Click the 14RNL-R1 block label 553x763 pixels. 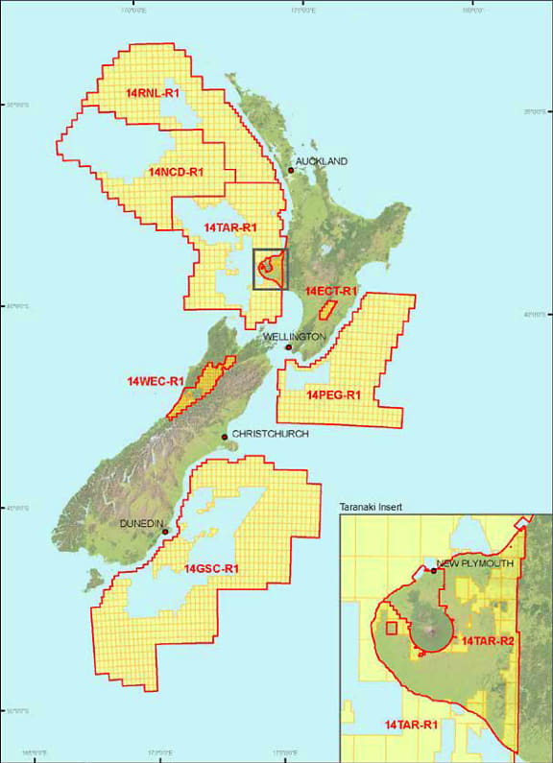coord(149,93)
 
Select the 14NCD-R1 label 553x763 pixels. coord(176,172)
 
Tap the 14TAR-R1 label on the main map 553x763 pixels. coord(230,227)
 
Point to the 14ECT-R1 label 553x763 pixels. coord(331,290)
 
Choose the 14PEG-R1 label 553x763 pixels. coord(333,394)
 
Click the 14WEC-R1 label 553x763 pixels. coord(155,381)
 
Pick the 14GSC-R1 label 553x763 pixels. coord(211,569)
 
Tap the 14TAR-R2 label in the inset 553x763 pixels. coord(489,640)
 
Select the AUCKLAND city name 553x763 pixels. coord(322,161)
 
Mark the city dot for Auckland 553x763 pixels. coord(291,171)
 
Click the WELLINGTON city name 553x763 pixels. coord(295,337)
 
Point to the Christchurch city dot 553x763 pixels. coord(225,438)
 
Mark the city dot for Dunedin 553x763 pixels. coord(165,532)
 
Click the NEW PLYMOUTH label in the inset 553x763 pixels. coord(475,563)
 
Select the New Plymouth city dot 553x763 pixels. coord(434,571)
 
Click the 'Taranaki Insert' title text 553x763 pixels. coord(379,505)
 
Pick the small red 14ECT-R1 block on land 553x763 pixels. coord(327,310)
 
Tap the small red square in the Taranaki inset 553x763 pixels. coord(391,629)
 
